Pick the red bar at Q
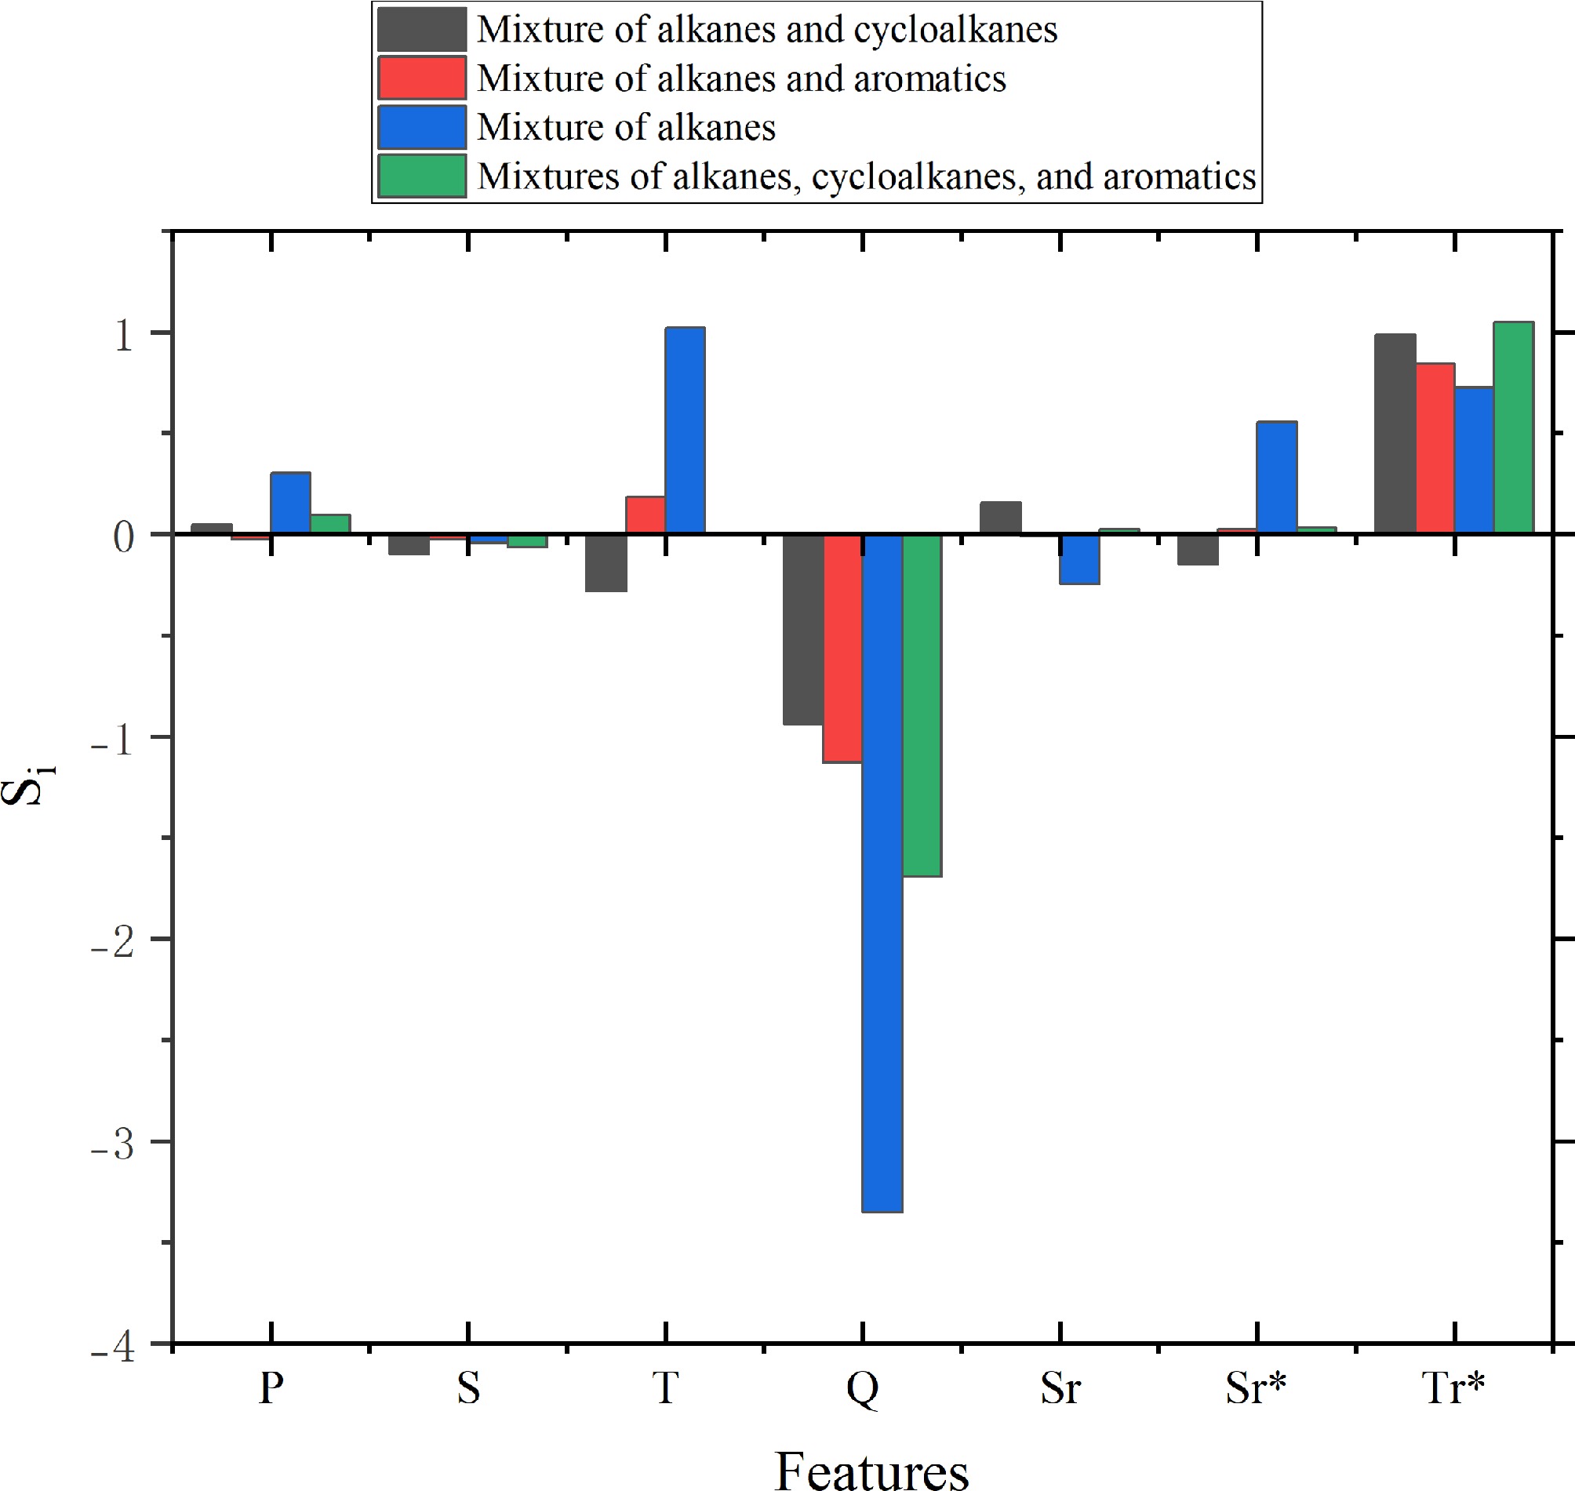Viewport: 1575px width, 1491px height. [x=842, y=648]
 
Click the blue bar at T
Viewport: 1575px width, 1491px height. [x=685, y=430]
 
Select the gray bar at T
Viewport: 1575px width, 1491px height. [x=606, y=562]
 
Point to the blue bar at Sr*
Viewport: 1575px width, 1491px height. [x=1276, y=478]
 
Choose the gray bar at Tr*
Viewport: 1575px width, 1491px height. [x=1395, y=434]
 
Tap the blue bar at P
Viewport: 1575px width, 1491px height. [x=291, y=503]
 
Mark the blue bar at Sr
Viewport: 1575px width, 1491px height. [x=1080, y=559]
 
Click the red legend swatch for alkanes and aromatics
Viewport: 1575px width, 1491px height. [x=421, y=78]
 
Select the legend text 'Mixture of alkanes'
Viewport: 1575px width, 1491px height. [x=626, y=127]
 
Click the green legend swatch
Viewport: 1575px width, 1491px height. [x=421, y=176]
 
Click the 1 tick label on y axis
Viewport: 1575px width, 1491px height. [x=124, y=336]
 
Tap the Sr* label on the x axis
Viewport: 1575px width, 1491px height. [x=1256, y=1388]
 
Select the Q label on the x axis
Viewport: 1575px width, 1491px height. [x=862, y=1388]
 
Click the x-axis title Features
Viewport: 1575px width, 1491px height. [x=871, y=1470]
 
